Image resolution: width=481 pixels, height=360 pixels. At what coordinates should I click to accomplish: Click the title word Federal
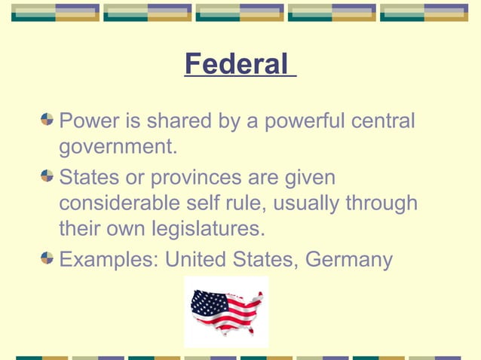[236, 65]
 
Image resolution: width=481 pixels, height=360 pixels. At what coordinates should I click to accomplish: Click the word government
[118, 147]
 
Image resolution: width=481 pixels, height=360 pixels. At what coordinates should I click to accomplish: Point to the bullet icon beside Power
[47, 119]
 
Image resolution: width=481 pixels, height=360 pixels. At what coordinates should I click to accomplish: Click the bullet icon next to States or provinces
[47, 177]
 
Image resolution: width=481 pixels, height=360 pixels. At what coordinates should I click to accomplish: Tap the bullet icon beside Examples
[47, 258]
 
